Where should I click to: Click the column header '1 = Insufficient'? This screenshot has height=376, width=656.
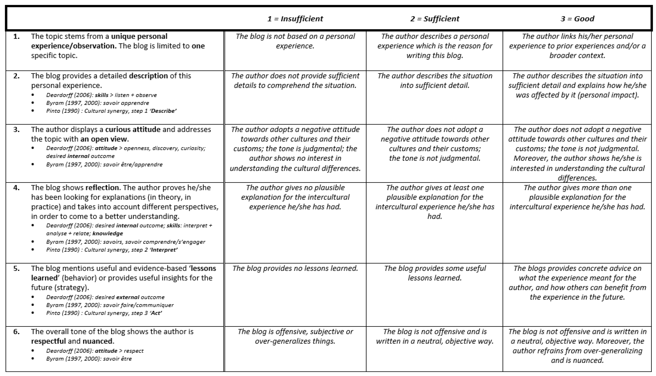click(295, 19)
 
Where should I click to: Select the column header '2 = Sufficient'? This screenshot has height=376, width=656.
click(435, 19)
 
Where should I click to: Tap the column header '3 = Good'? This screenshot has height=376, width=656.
click(577, 19)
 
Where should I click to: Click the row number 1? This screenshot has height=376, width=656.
click(16, 36)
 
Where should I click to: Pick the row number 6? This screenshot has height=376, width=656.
click(16, 332)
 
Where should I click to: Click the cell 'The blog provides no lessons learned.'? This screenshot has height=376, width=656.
click(295, 269)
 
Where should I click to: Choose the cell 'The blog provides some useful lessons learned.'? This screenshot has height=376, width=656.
click(435, 273)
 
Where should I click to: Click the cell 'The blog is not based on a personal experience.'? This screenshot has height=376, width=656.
click(295, 41)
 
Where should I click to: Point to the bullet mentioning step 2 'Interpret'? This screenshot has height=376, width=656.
click(112, 250)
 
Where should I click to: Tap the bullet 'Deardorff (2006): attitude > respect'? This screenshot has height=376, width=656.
click(95, 351)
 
